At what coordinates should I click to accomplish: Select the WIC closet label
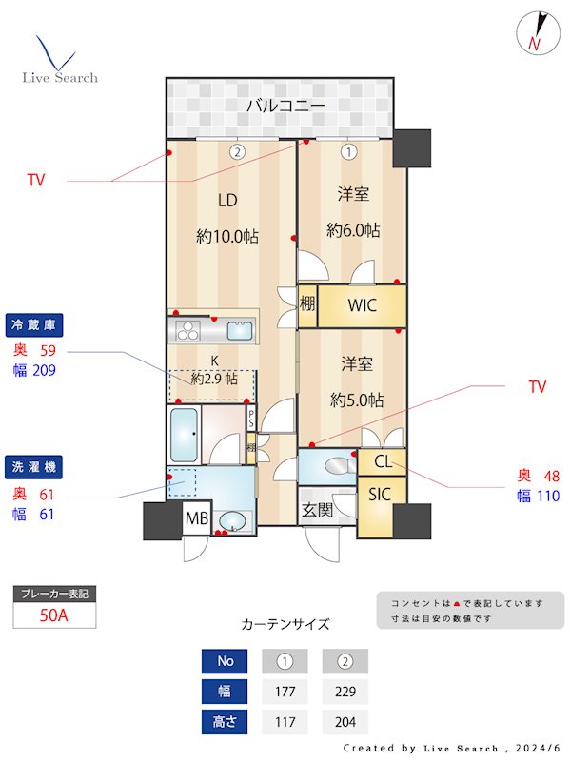(362, 305)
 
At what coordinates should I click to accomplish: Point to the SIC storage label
(380, 494)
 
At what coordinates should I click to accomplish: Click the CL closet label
(382, 462)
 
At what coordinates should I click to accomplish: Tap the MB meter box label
(197, 518)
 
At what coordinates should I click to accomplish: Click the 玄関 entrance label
(318, 510)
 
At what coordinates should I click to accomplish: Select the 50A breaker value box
(54, 615)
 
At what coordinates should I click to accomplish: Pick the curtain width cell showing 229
(345, 692)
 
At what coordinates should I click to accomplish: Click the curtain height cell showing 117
(284, 722)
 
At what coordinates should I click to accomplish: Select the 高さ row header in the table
(226, 722)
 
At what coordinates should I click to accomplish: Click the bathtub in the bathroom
(184, 436)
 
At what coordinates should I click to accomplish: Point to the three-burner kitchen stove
(187, 332)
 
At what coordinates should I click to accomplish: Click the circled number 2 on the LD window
(236, 150)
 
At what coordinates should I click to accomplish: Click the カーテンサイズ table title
(285, 624)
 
